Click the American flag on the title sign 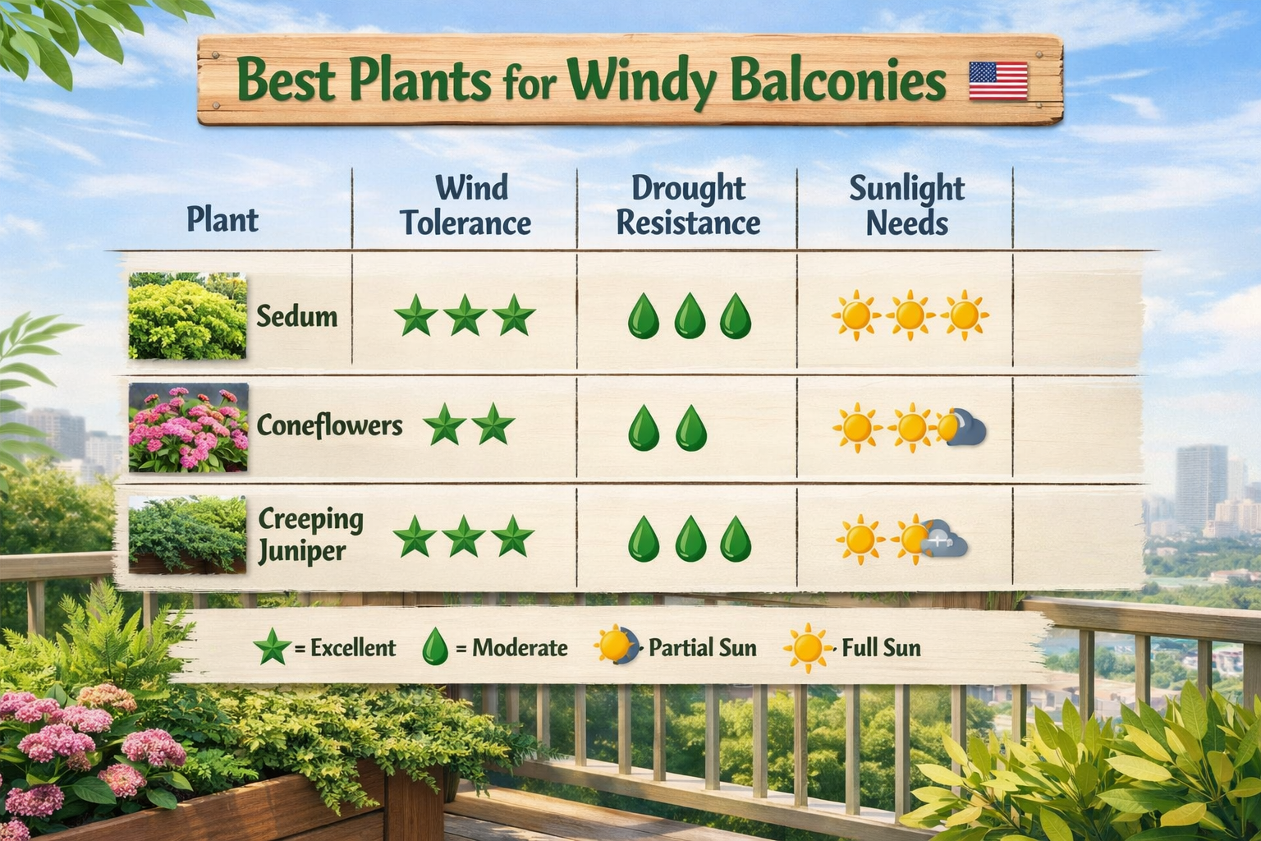click(x=997, y=80)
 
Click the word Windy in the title click(x=641, y=83)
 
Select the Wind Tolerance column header click(x=465, y=205)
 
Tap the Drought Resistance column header click(x=688, y=205)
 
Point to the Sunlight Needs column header click(x=906, y=205)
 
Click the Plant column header click(x=222, y=219)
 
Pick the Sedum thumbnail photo click(x=187, y=316)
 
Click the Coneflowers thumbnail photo click(x=188, y=427)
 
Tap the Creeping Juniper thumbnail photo click(x=187, y=535)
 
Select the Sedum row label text click(x=296, y=316)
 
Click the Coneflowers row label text click(x=329, y=425)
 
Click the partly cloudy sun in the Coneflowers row click(x=961, y=428)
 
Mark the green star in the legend click(x=272, y=648)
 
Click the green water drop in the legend click(x=434, y=648)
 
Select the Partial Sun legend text click(x=702, y=648)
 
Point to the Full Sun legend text click(x=881, y=648)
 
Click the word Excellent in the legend click(x=353, y=648)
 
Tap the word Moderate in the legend click(x=520, y=648)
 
